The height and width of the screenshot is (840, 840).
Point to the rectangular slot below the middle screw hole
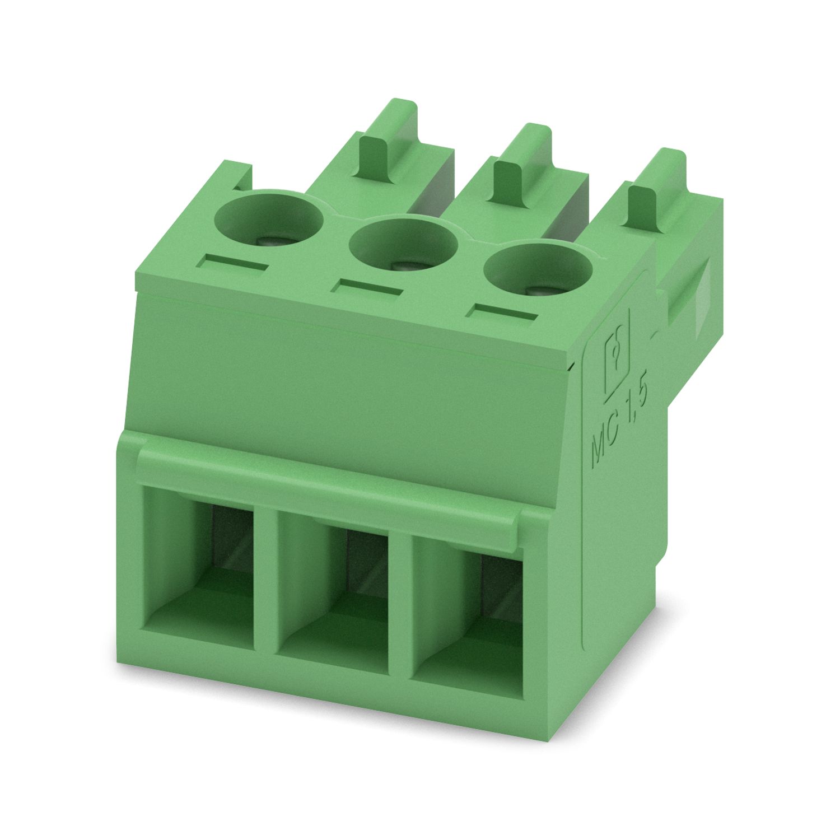tap(367, 290)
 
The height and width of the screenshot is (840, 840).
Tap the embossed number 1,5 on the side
tap(636, 404)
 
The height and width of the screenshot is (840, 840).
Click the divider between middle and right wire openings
tap(401, 608)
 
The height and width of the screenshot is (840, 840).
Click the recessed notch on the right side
tap(697, 302)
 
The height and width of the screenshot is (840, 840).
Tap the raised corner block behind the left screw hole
tap(230, 174)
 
